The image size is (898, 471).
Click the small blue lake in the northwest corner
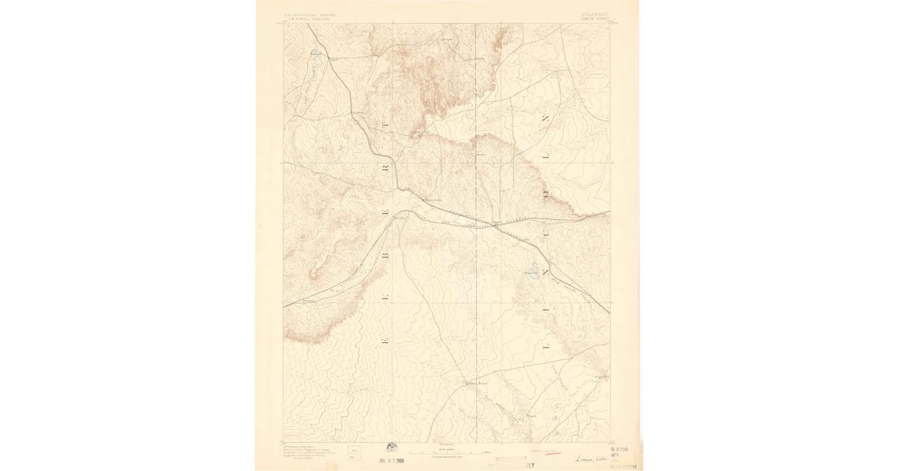315,52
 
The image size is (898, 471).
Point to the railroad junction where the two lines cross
497,224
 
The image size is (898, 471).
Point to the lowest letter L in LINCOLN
544,345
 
